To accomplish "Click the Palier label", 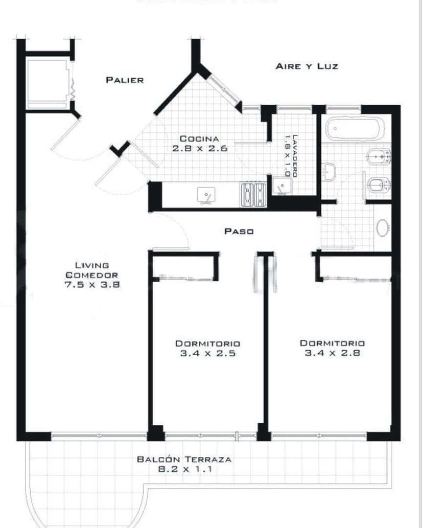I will click(x=125, y=80).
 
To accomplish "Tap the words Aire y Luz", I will click(x=307, y=66).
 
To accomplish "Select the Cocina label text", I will click(x=199, y=139).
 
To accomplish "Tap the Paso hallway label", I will click(x=239, y=232).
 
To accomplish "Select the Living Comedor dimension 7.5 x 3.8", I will click(x=92, y=285).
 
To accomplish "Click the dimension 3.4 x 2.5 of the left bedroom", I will click(x=207, y=353).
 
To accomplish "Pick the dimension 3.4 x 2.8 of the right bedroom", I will click(x=332, y=353).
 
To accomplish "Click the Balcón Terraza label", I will click(x=184, y=460).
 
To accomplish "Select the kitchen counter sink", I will click(x=206, y=195).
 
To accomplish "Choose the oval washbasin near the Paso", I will click(x=382, y=227).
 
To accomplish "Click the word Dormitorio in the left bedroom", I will click(x=207, y=343).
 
